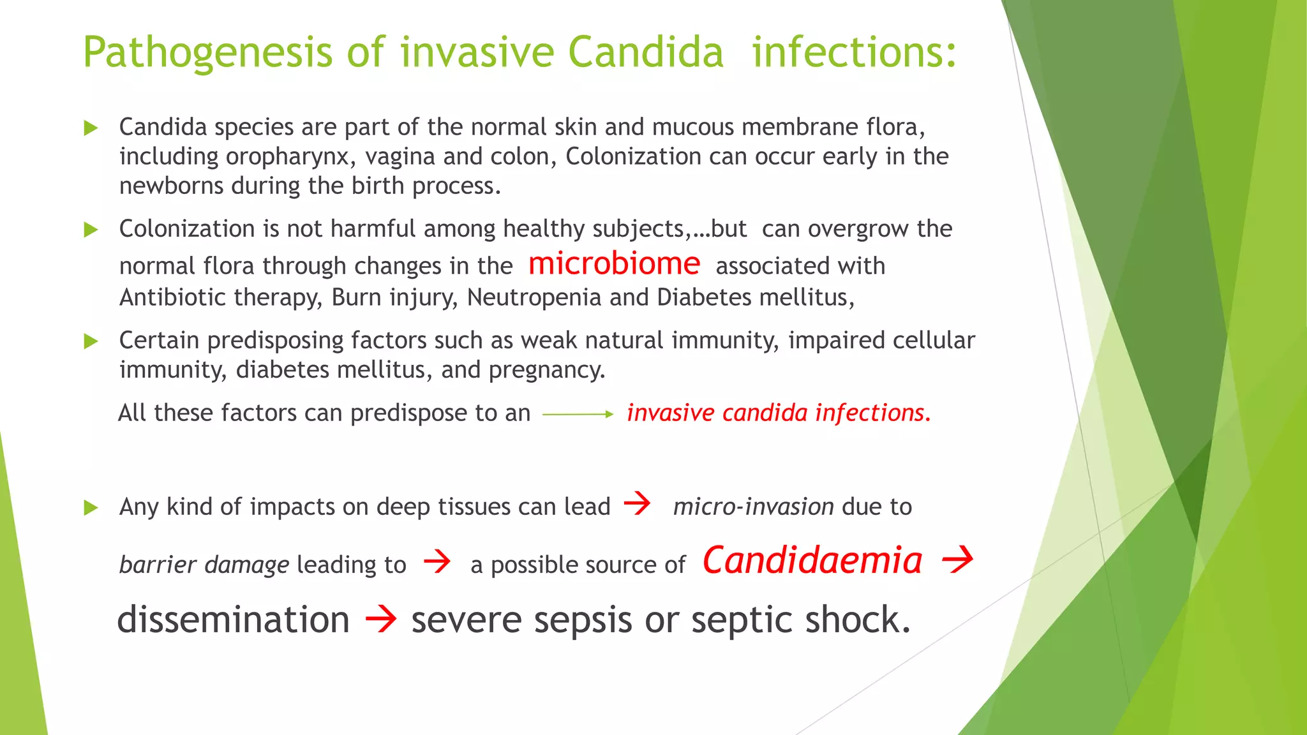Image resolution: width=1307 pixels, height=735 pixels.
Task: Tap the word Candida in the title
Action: (x=645, y=52)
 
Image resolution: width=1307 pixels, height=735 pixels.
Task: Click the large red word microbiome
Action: (x=614, y=264)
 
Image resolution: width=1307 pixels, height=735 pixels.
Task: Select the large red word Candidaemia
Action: (x=812, y=561)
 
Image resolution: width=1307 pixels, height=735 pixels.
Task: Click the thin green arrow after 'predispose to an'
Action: (x=578, y=414)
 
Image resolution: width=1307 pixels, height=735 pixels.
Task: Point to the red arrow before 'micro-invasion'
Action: (x=637, y=503)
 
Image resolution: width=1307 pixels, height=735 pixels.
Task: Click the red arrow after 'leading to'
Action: (x=437, y=561)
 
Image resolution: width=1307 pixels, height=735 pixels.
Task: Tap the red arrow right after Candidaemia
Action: (x=957, y=560)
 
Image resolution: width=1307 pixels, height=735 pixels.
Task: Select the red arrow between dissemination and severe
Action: (x=381, y=619)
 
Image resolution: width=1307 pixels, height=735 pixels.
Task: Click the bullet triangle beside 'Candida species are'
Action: (x=91, y=128)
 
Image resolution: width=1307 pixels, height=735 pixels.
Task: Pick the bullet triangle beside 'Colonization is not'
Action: (x=91, y=230)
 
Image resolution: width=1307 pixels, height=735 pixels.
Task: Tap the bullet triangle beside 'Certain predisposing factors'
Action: (x=91, y=341)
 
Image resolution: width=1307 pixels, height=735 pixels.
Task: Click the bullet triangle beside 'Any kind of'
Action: (x=91, y=508)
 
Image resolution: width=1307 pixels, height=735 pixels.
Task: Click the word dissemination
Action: (x=234, y=620)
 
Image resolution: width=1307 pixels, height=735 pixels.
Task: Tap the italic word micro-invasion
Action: (x=753, y=507)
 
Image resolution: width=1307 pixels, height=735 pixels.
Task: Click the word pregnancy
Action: (x=546, y=370)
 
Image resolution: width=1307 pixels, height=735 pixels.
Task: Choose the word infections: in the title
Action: (x=854, y=52)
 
